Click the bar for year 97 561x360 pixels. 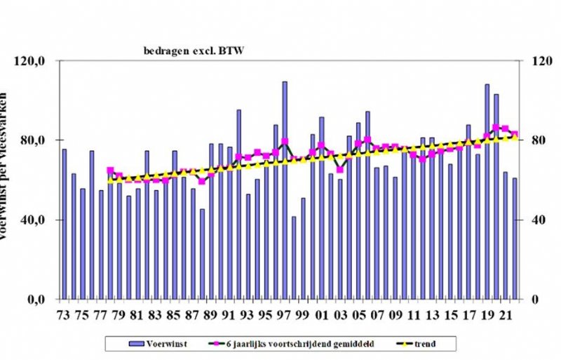[285, 189]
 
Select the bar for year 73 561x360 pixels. [65, 224]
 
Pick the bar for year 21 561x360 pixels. [505, 235]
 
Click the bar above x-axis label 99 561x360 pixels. [304, 248]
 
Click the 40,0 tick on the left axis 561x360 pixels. [33, 220]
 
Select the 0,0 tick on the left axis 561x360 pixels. [36, 300]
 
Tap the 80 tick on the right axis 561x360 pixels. [538, 140]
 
